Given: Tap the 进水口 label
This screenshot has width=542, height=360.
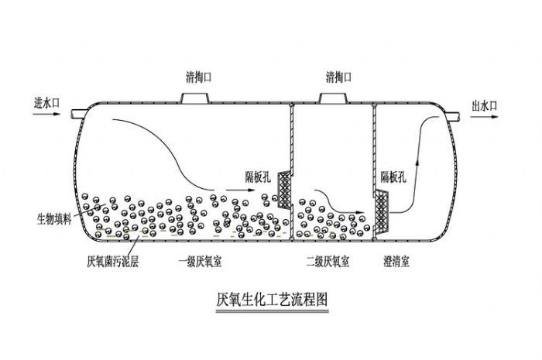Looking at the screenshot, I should [48, 101].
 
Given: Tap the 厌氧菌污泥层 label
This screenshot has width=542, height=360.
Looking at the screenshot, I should [113, 262].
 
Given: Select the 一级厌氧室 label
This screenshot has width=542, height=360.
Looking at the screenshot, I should [200, 262].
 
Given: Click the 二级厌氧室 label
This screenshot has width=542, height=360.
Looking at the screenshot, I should [328, 262].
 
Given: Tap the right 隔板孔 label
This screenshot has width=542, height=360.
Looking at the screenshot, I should [395, 175].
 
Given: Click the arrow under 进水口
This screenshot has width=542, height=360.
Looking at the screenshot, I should [48, 113].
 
